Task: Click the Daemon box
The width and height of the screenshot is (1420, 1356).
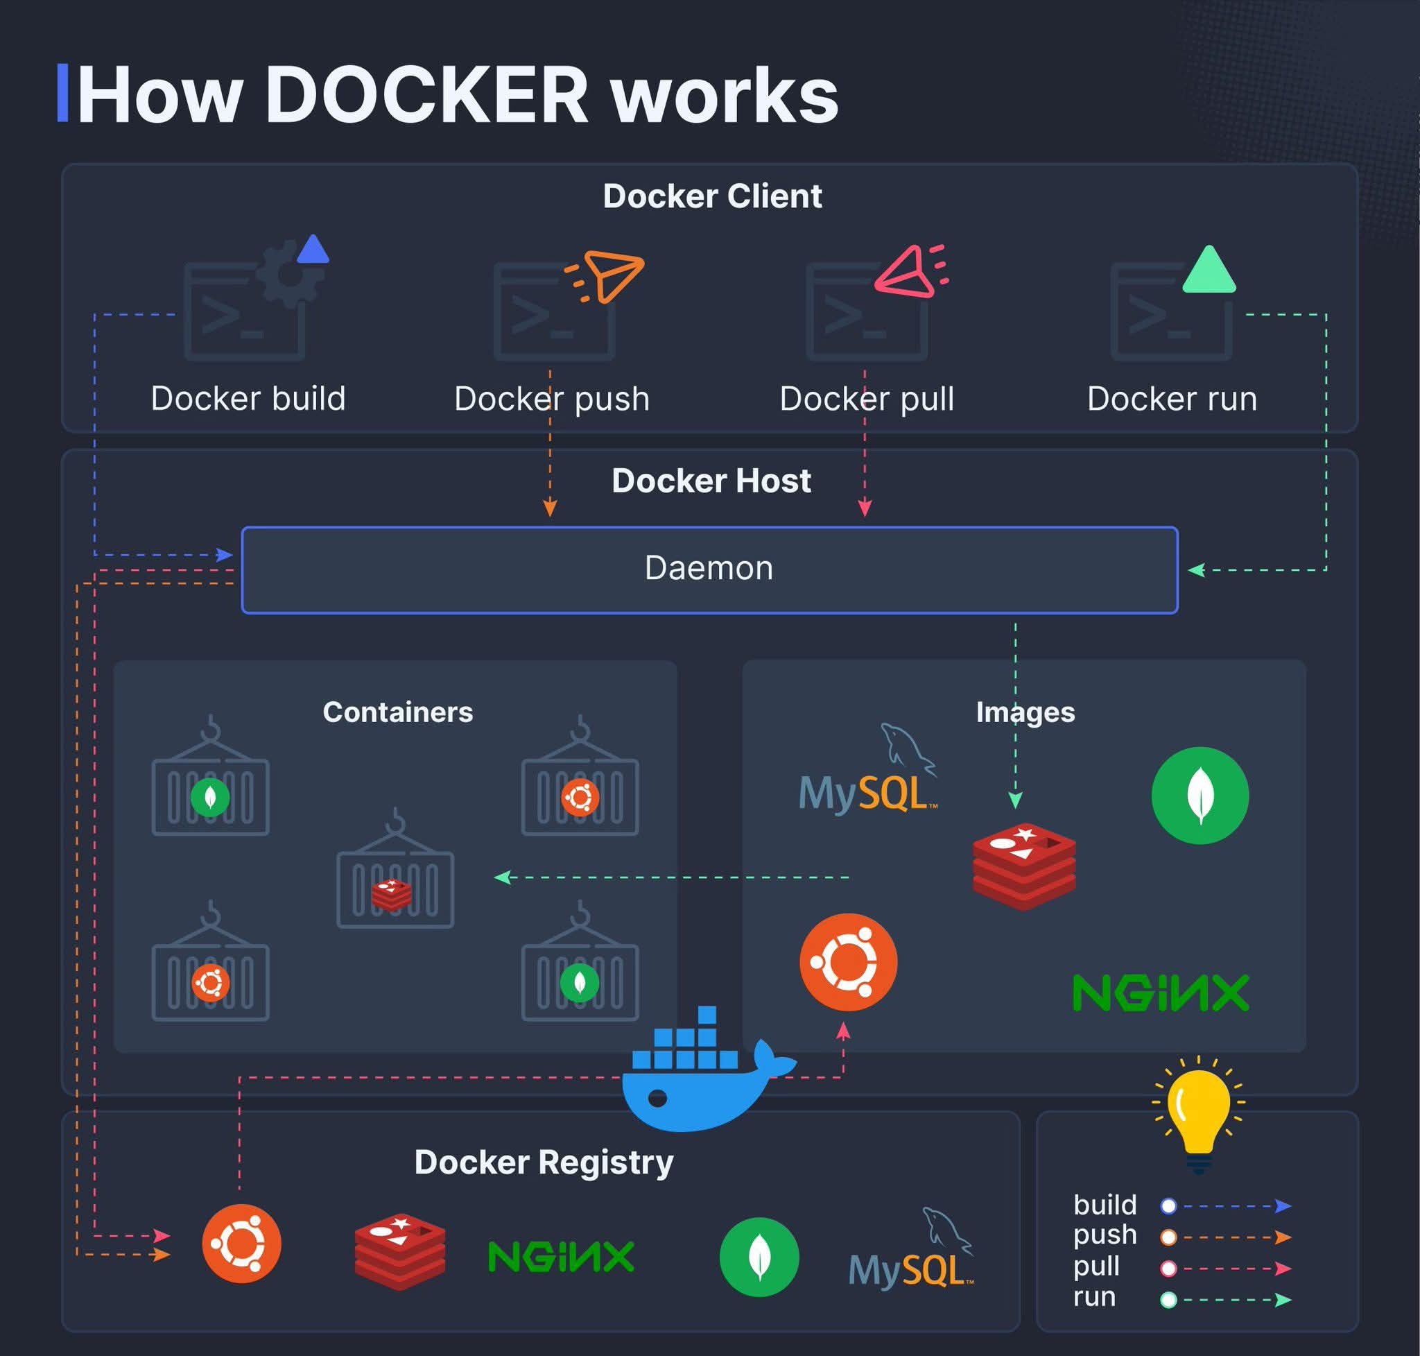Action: click(709, 569)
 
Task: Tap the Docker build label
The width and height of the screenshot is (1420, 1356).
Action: click(248, 398)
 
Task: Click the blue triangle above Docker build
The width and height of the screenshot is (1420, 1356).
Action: click(313, 251)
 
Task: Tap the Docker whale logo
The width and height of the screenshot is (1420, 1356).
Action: click(698, 1077)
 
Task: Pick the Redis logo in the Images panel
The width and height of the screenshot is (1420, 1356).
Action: click(1024, 866)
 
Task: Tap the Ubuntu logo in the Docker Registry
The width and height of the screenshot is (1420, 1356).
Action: click(241, 1243)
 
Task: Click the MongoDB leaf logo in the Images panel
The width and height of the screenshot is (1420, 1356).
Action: click(1200, 795)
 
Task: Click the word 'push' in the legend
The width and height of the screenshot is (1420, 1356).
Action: click(1105, 1235)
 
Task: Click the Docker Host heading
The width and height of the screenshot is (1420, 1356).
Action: click(711, 481)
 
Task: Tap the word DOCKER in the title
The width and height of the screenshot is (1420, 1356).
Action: click(426, 96)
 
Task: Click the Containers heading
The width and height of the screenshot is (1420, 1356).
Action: click(397, 712)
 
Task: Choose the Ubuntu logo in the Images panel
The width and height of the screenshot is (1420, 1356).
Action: click(849, 962)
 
